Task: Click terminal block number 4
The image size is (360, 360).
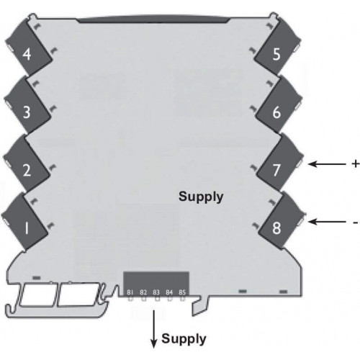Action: point(28,48)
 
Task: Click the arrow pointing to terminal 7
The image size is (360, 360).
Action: point(327,164)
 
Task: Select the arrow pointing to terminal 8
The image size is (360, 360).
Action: point(327,222)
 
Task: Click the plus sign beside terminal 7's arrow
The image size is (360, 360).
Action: point(356,164)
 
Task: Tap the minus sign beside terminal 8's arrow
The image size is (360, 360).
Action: point(356,222)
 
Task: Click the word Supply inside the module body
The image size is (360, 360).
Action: point(201,197)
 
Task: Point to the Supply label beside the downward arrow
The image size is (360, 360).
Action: point(184,339)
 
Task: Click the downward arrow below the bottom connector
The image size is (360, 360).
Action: point(153,329)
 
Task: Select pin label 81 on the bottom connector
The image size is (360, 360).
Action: point(130,292)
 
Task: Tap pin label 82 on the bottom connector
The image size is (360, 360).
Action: point(143,292)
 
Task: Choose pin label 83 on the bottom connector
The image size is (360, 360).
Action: point(156,292)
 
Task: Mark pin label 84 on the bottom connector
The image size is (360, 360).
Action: point(169,292)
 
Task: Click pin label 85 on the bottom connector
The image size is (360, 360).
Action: point(182,292)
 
